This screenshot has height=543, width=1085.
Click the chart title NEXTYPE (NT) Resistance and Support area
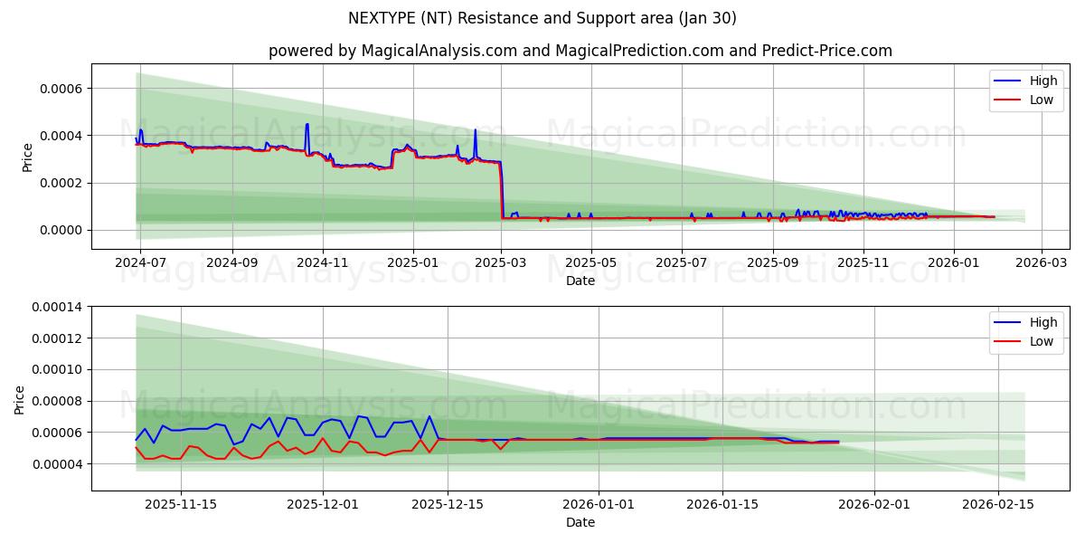pos(542,18)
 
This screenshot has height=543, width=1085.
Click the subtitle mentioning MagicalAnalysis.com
pos(580,51)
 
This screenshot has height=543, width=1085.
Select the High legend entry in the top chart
pos(1043,81)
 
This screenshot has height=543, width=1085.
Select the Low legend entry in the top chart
pos(1042,100)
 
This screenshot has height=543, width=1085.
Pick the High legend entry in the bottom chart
pos(1043,322)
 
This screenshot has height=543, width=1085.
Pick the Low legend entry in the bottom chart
pos(1042,341)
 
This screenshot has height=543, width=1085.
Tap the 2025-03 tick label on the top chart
pos(502,263)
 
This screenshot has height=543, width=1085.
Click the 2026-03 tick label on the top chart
pos(1043,263)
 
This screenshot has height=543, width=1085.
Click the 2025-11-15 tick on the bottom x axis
pos(181,504)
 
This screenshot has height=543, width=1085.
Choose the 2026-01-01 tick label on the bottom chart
pos(598,504)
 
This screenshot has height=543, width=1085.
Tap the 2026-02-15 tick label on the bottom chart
pos(998,504)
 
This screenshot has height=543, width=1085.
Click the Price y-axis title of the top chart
pos(28,157)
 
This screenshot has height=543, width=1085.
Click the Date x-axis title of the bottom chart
pos(580,522)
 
